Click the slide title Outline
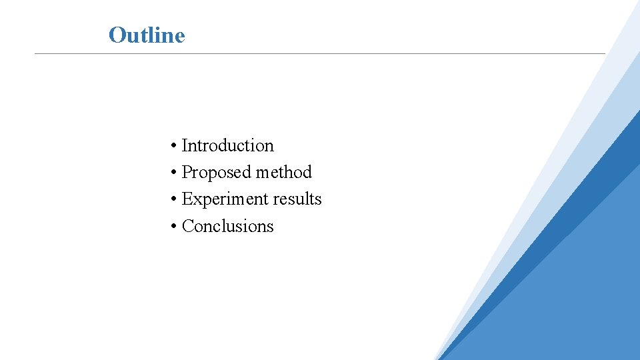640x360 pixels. coord(147,35)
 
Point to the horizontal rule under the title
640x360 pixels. coord(320,53)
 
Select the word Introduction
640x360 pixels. coord(227,145)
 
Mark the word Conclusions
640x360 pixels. coord(227,226)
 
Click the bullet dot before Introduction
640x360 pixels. coord(173,146)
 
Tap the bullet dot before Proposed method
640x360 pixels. coord(173,173)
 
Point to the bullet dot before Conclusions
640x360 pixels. coord(173,227)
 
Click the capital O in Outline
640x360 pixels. coord(117,35)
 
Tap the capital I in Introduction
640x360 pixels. coord(185,145)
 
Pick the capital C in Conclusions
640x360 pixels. coord(187,226)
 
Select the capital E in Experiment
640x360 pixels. coord(187,199)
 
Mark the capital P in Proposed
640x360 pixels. coord(187,172)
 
